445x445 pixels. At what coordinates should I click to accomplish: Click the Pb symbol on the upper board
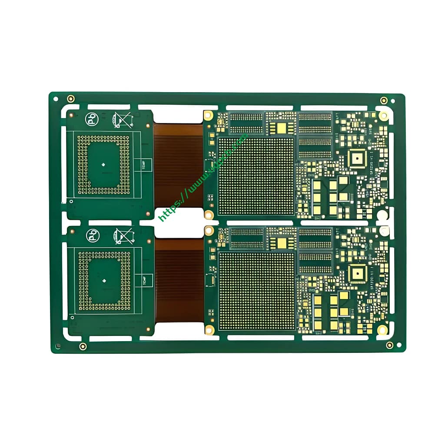click(92, 119)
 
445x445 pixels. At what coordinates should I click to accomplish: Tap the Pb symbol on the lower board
click(93, 236)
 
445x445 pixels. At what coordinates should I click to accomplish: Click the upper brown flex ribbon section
click(179, 165)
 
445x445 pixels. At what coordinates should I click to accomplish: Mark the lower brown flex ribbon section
click(179, 280)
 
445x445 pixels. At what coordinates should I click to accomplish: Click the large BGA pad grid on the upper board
click(256, 176)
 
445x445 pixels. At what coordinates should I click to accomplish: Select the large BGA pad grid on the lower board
click(256, 291)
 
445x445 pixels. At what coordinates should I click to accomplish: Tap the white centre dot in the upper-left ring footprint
click(103, 165)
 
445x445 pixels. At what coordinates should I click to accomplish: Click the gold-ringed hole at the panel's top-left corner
click(71, 99)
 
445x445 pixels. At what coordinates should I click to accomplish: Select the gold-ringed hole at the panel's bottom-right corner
click(389, 345)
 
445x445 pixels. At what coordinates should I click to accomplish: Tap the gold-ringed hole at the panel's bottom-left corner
click(83, 346)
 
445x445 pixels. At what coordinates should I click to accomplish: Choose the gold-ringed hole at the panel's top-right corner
click(384, 100)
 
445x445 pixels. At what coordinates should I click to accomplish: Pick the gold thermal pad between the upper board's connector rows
click(282, 128)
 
